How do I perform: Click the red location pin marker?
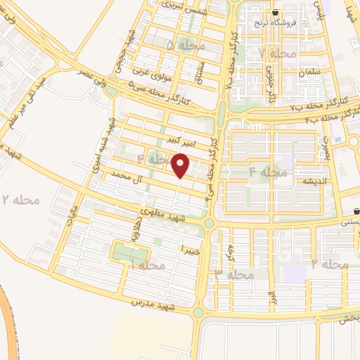(182, 165)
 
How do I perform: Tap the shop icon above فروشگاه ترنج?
(275, 12)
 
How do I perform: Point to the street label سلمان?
(309, 73)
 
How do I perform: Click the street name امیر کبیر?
(197, 143)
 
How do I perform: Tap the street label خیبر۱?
(191, 250)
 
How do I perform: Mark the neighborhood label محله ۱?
(148, 266)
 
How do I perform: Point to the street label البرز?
(272, 298)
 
